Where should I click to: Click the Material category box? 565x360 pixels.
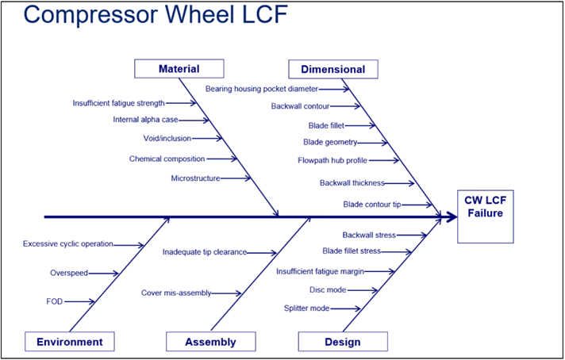click(x=179, y=69)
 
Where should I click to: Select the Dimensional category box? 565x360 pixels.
click(x=333, y=69)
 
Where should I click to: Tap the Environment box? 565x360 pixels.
click(x=70, y=342)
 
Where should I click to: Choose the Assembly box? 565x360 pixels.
click(x=211, y=342)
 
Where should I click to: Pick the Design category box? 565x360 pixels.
click(x=343, y=342)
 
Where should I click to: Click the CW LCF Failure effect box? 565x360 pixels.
click(x=486, y=216)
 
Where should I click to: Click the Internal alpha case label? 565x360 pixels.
click(x=145, y=120)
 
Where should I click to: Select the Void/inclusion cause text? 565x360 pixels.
click(x=167, y=138)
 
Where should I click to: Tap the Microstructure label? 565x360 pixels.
click(x=196, y=178)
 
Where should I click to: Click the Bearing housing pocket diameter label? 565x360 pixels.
click(x=262, y=89)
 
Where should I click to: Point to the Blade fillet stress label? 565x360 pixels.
click(x=352, y=251)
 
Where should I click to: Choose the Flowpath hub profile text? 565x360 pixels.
click(x=332, y=160)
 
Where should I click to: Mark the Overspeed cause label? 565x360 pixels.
click(x=69, y=273)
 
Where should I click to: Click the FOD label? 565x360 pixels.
click(x=55, y=301)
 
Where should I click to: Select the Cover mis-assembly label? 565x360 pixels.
click(x=176, y=293)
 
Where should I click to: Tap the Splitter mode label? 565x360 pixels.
click(x=306, y=308)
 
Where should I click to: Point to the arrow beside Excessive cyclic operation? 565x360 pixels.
click(x=129, y=246)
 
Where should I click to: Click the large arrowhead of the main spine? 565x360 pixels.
click(x=452, y=217)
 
